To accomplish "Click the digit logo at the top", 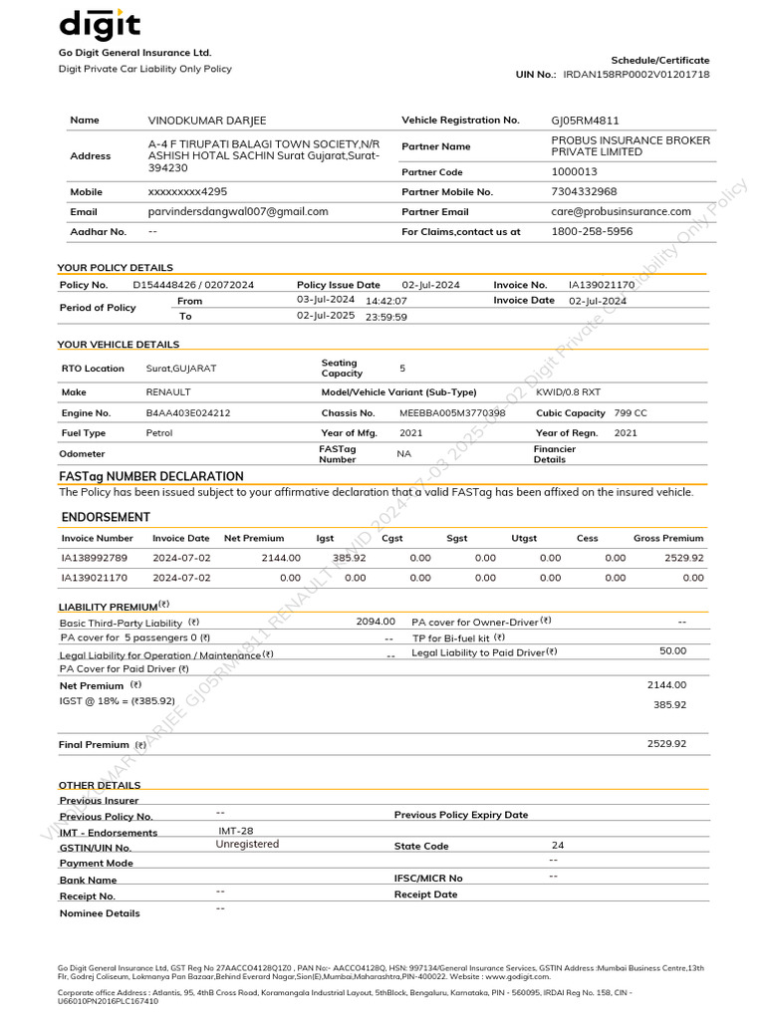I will (x=100, y=25).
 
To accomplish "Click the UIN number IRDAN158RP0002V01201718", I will (x=637, y=75).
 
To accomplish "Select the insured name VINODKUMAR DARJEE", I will (x=207, y=121).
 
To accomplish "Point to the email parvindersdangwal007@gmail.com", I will (x=238, y=212).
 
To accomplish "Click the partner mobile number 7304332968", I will (x=584, y=191).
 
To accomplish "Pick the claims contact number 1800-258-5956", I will (x=592, y=231).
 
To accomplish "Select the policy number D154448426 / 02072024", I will (x=199, y=285).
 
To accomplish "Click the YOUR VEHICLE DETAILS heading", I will (x=119, y=345).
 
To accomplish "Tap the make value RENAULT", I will (x=168, y=392).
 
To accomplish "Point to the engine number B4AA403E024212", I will (x=188, y=413).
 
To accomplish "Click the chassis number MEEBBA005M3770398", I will (x=452, y=413).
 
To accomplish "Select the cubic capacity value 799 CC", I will (x=631, y=413).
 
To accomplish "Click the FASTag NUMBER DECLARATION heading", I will (x=151, y=476).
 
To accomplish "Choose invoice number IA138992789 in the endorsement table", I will (x=95, y=558).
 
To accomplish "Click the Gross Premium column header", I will (x=667, y=538).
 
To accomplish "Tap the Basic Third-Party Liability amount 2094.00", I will (x=376, y=622).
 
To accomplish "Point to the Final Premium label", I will (x=95, y=745).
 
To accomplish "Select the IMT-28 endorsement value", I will (x=236, y=830).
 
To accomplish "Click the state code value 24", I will (x=558, y=845).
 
